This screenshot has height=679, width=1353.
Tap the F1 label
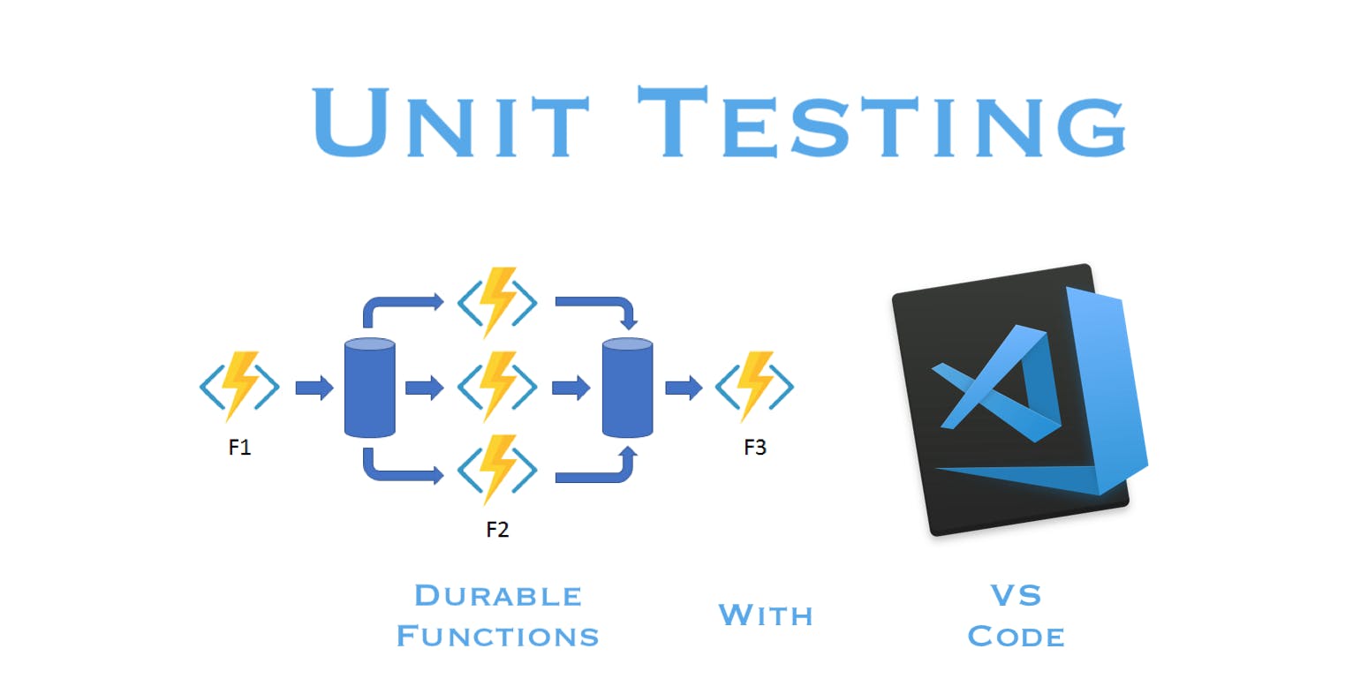239,448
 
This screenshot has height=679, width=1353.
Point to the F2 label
497,530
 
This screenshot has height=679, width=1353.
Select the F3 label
755,448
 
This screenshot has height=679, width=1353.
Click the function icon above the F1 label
239,386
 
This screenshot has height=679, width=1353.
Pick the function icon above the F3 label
754,386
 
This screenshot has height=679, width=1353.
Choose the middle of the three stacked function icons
497,386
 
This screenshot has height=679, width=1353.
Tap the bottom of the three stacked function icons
497,468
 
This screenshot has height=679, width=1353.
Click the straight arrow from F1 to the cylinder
314,387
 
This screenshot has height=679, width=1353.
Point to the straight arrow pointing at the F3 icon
683,387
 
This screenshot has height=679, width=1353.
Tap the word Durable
498,596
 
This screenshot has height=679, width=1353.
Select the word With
766,615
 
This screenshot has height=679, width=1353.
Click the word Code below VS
1016,636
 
